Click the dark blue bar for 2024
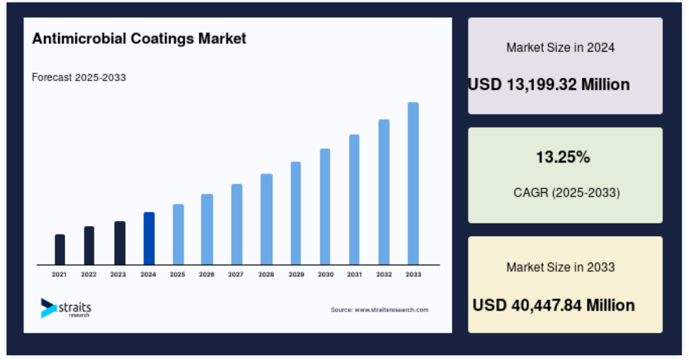click(x=149, y=238)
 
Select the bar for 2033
click(x=413, y=183)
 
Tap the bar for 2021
click(x=60, y=249)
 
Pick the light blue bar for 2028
click(x=266, y=219)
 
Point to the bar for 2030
click(x=325, y=207)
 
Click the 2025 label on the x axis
click(x=177, y=275)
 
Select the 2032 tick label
click(x=384, y=275)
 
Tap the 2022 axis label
click(x=89, y=275)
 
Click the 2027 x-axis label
click(x=236, y=275)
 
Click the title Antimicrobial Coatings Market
click(x=139, y=39)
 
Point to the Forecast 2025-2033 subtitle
click(x=79, y=77)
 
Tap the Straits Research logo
click(x=66, y=308)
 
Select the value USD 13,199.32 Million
click(x=549, y=84)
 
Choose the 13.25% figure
click(x=563, y=157)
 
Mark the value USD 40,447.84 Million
click(x=554, y=305)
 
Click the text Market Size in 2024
click(x=561, y=47)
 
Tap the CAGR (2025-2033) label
click(x=566, y=192)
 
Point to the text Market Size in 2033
click(x=561, y=267)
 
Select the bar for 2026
click(x=207, y=229)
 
